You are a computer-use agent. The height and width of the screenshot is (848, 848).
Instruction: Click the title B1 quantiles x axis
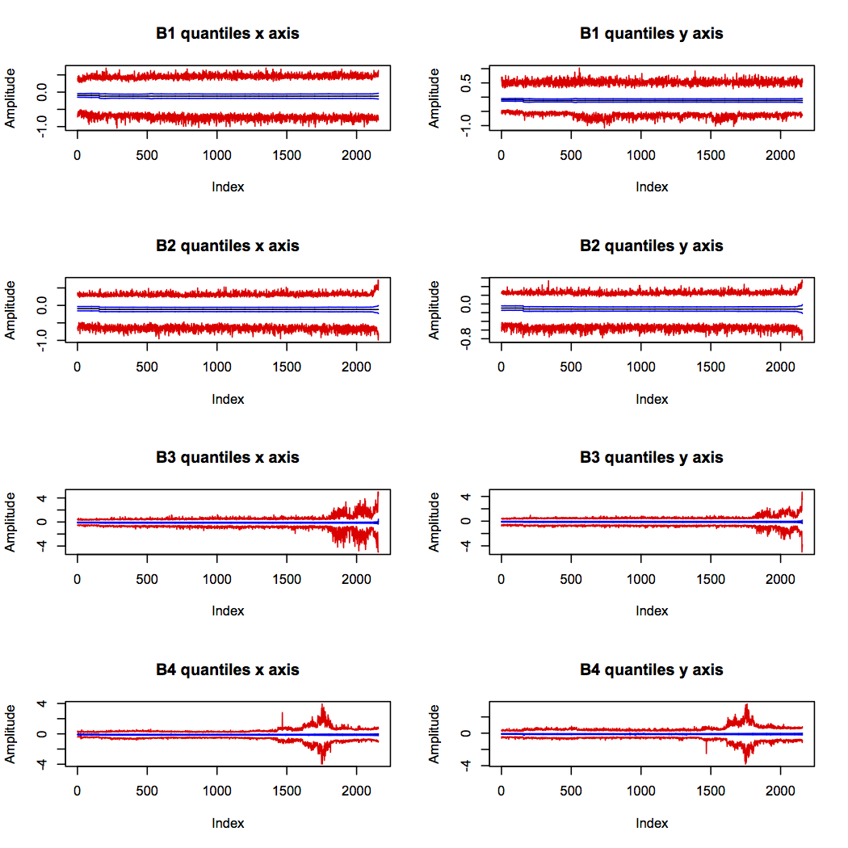pos(228,34)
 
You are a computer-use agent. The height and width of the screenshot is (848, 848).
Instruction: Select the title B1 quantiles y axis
pos(652,34)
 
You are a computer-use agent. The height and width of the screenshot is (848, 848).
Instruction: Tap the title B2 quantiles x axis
pos(228,246)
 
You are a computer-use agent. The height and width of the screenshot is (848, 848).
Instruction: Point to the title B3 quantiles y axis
pos(652,458)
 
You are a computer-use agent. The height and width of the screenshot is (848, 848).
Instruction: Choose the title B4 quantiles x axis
pos(228,670)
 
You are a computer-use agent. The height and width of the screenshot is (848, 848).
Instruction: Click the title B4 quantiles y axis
pos(652,670)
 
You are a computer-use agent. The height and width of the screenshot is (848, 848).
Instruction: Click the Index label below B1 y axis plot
pos(652,187)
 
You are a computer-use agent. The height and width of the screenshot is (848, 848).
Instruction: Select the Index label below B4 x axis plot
pos(228,823)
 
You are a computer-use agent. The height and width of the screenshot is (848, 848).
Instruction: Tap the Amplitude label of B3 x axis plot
pos(11,523)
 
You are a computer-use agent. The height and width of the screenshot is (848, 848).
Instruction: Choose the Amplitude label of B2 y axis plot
pos(435,310)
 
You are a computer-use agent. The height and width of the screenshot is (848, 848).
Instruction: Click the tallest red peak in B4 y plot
pos(746,705)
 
